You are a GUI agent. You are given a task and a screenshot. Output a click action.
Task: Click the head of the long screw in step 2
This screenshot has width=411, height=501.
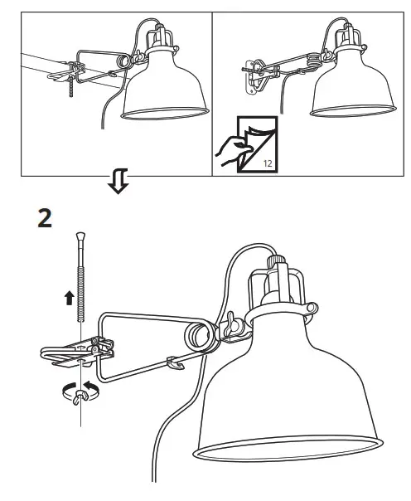(x=80, y=241)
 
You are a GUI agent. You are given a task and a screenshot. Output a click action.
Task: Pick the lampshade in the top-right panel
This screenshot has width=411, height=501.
(x=351, y=87)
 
